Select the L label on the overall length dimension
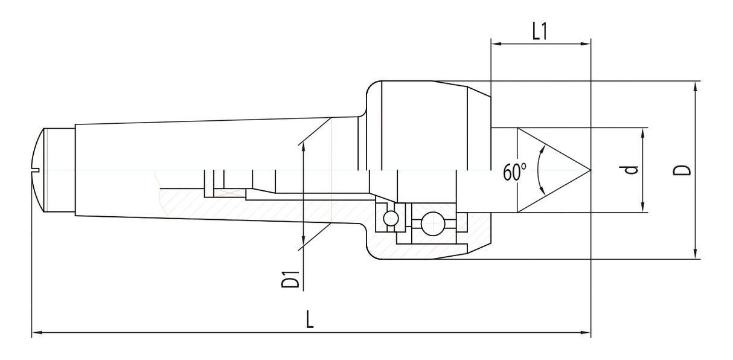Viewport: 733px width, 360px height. [x=310, y=319]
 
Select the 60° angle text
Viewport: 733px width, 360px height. [x=515, y=173]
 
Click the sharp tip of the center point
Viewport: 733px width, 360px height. [x=589, y=170]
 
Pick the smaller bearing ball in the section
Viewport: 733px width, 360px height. [x=391, y=218]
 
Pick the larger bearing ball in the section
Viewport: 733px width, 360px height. [x=432, y=224]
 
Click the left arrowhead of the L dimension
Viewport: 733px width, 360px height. [x=35, y=332]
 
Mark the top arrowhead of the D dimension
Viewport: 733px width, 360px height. [x=696, y=85]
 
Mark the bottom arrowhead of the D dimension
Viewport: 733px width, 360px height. [x=696, y=255]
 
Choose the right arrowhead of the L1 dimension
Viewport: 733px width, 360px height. [x=586, y=43]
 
